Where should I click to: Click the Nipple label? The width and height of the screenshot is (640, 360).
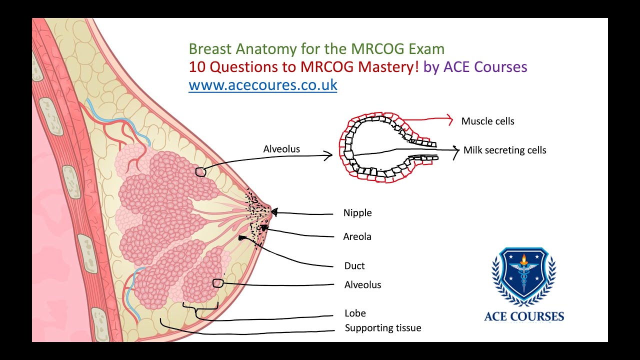point(357,213)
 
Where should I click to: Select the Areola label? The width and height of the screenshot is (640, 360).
point(357,236)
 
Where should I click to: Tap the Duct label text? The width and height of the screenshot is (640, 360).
point(354,266)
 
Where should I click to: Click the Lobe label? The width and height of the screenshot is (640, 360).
point(355,313)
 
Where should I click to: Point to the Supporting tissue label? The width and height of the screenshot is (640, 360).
point(383,328)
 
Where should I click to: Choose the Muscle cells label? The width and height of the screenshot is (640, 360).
point(487,121)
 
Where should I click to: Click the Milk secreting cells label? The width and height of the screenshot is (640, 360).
point(504,150)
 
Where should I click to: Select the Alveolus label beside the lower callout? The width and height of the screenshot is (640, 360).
point(362,285)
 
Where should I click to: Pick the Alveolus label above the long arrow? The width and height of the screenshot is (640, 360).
point(281,149)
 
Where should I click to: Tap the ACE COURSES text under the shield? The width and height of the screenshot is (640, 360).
point(524,316)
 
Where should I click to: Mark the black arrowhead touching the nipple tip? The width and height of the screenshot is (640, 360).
point(274,212)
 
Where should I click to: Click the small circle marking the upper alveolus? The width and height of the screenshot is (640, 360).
point(200,171)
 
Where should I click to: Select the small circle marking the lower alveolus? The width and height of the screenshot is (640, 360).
point(217,283)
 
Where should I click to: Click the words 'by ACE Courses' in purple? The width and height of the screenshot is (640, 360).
point(475,67)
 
